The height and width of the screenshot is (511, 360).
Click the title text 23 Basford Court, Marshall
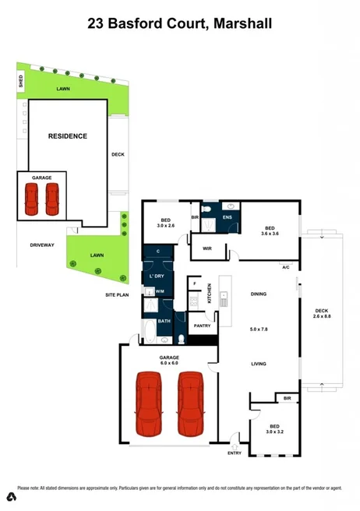180,24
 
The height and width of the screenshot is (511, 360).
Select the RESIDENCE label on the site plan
68,136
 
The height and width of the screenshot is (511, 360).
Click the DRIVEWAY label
42,245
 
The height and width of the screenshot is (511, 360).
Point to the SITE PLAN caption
118,296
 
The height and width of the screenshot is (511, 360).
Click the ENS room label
228,218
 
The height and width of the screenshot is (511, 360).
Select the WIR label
207,248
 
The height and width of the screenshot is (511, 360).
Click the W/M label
160,291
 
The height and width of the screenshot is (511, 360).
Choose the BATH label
164,320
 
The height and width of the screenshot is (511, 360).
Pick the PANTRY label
203,326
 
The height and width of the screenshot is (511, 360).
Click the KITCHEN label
210,294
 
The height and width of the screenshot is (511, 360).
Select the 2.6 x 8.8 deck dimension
322,316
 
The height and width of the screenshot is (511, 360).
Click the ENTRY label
235,453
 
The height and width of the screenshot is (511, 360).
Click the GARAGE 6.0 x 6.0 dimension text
171,363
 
